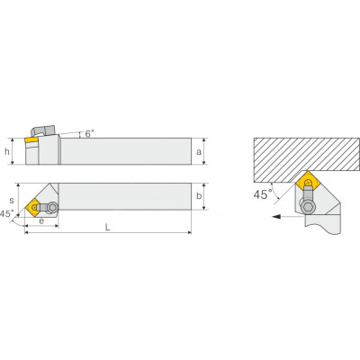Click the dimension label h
coord(7,152)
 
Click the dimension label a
coord(199,152)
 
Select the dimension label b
coord(199,196)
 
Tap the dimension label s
coord(12,200)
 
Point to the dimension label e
coord(41,221)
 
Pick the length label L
coord(108,227)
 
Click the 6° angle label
coord(89,134)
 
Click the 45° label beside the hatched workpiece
coord(263,194)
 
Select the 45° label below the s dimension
coord(6,214)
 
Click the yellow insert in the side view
coord(31,139)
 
